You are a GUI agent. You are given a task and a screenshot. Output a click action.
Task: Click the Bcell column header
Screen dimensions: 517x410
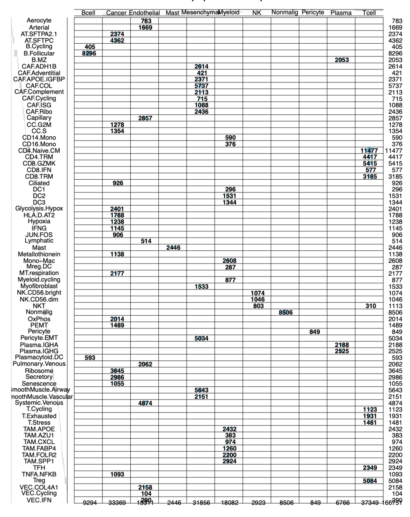[88, 13]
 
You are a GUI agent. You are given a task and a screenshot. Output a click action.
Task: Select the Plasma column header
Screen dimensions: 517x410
[341, 13]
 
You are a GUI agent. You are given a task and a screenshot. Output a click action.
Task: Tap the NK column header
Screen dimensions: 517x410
[257, 13]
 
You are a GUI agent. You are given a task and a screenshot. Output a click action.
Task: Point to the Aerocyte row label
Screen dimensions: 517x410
[39, 21]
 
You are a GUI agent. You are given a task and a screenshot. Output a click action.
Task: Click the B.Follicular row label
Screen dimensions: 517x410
[39, 54]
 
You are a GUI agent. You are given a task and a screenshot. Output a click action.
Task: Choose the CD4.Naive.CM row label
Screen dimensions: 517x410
[39, 150]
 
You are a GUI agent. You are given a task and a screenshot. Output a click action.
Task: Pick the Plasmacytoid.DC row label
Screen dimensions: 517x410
[39, 357]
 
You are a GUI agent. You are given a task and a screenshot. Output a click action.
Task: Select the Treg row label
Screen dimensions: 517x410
[39, 480]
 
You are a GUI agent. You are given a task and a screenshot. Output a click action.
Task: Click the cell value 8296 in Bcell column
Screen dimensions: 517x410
[89, 54]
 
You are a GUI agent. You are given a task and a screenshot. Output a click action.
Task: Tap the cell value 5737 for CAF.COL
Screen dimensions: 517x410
[202, 86]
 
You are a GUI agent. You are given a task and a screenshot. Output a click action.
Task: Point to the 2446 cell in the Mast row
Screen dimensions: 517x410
[173, 248]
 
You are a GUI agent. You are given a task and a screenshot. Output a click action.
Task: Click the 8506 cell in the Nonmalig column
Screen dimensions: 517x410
[285, 313]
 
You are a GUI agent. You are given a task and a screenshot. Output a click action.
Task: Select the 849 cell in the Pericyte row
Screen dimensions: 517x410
[314, 332]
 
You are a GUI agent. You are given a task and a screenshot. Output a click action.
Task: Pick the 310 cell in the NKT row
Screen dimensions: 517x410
[371, 306]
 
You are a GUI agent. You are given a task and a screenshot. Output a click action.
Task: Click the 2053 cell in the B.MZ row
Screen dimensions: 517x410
[342, 60]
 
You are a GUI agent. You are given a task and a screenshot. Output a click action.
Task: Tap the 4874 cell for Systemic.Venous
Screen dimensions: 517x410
[145, 403]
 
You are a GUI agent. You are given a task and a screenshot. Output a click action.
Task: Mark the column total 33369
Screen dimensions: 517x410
[117, 503]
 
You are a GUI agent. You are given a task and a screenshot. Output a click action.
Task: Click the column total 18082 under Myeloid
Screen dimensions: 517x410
[230, 503]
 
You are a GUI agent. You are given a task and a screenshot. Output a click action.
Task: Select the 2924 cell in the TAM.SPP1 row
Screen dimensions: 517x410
[230, 461]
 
